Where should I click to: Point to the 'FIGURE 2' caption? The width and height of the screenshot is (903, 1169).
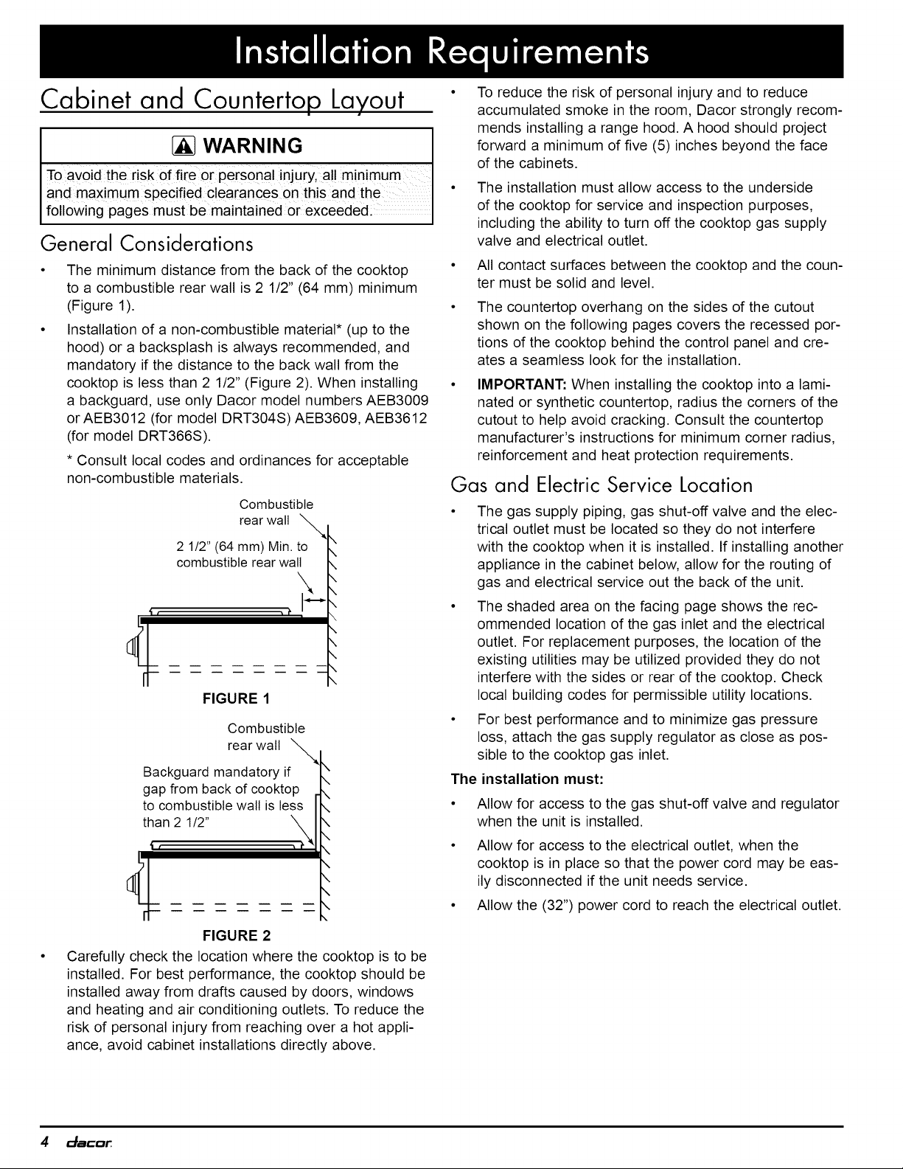pyautogui.click(x=237, y=936)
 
